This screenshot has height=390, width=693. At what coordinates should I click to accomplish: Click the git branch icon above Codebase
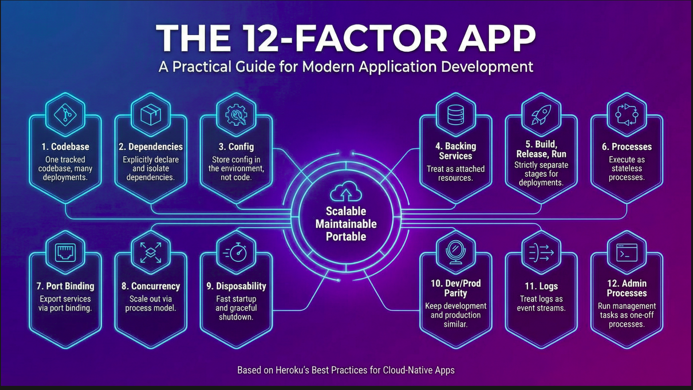pos(65,114)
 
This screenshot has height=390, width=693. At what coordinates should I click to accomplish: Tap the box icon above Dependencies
pos(151,114)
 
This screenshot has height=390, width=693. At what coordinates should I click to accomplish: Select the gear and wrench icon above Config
pos(236,114)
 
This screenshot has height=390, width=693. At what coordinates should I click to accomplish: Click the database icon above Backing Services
pos(456,114)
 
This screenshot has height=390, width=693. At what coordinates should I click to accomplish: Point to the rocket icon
pos(541,114)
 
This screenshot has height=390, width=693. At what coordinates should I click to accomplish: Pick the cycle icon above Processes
pos(627,114)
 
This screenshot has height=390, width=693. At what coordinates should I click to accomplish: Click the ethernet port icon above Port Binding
pos(65,253)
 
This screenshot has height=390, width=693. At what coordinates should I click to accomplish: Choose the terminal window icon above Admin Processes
pos(627,253)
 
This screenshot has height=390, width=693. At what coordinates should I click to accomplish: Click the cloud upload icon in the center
pos(346,192)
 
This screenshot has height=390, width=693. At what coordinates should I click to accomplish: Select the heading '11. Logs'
pos(541,286)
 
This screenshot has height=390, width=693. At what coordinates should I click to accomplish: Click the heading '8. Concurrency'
pos(151,286)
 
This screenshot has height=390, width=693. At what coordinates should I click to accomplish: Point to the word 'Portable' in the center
pos(346,236)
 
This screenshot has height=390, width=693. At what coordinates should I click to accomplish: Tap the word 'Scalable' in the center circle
pos(346,211)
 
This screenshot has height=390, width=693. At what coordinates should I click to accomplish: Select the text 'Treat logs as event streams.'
pos(541,303)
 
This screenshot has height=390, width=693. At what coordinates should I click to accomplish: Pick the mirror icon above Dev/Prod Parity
pos(456,253)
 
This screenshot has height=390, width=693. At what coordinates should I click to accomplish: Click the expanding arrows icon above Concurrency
pos(151,253)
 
